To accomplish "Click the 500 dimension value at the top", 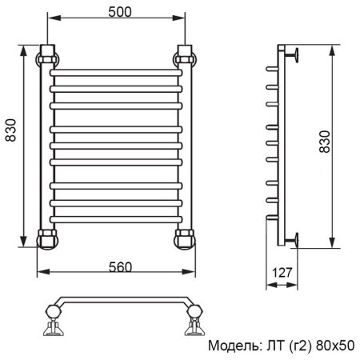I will (117, 12).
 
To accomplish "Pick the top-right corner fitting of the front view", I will (186, 58).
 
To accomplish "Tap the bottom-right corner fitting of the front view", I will (186, 238).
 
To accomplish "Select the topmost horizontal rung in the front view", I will (117, 73).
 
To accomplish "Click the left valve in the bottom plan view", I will (51, 324).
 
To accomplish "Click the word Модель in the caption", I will (233, 346).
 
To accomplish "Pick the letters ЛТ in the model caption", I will (272, 346).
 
